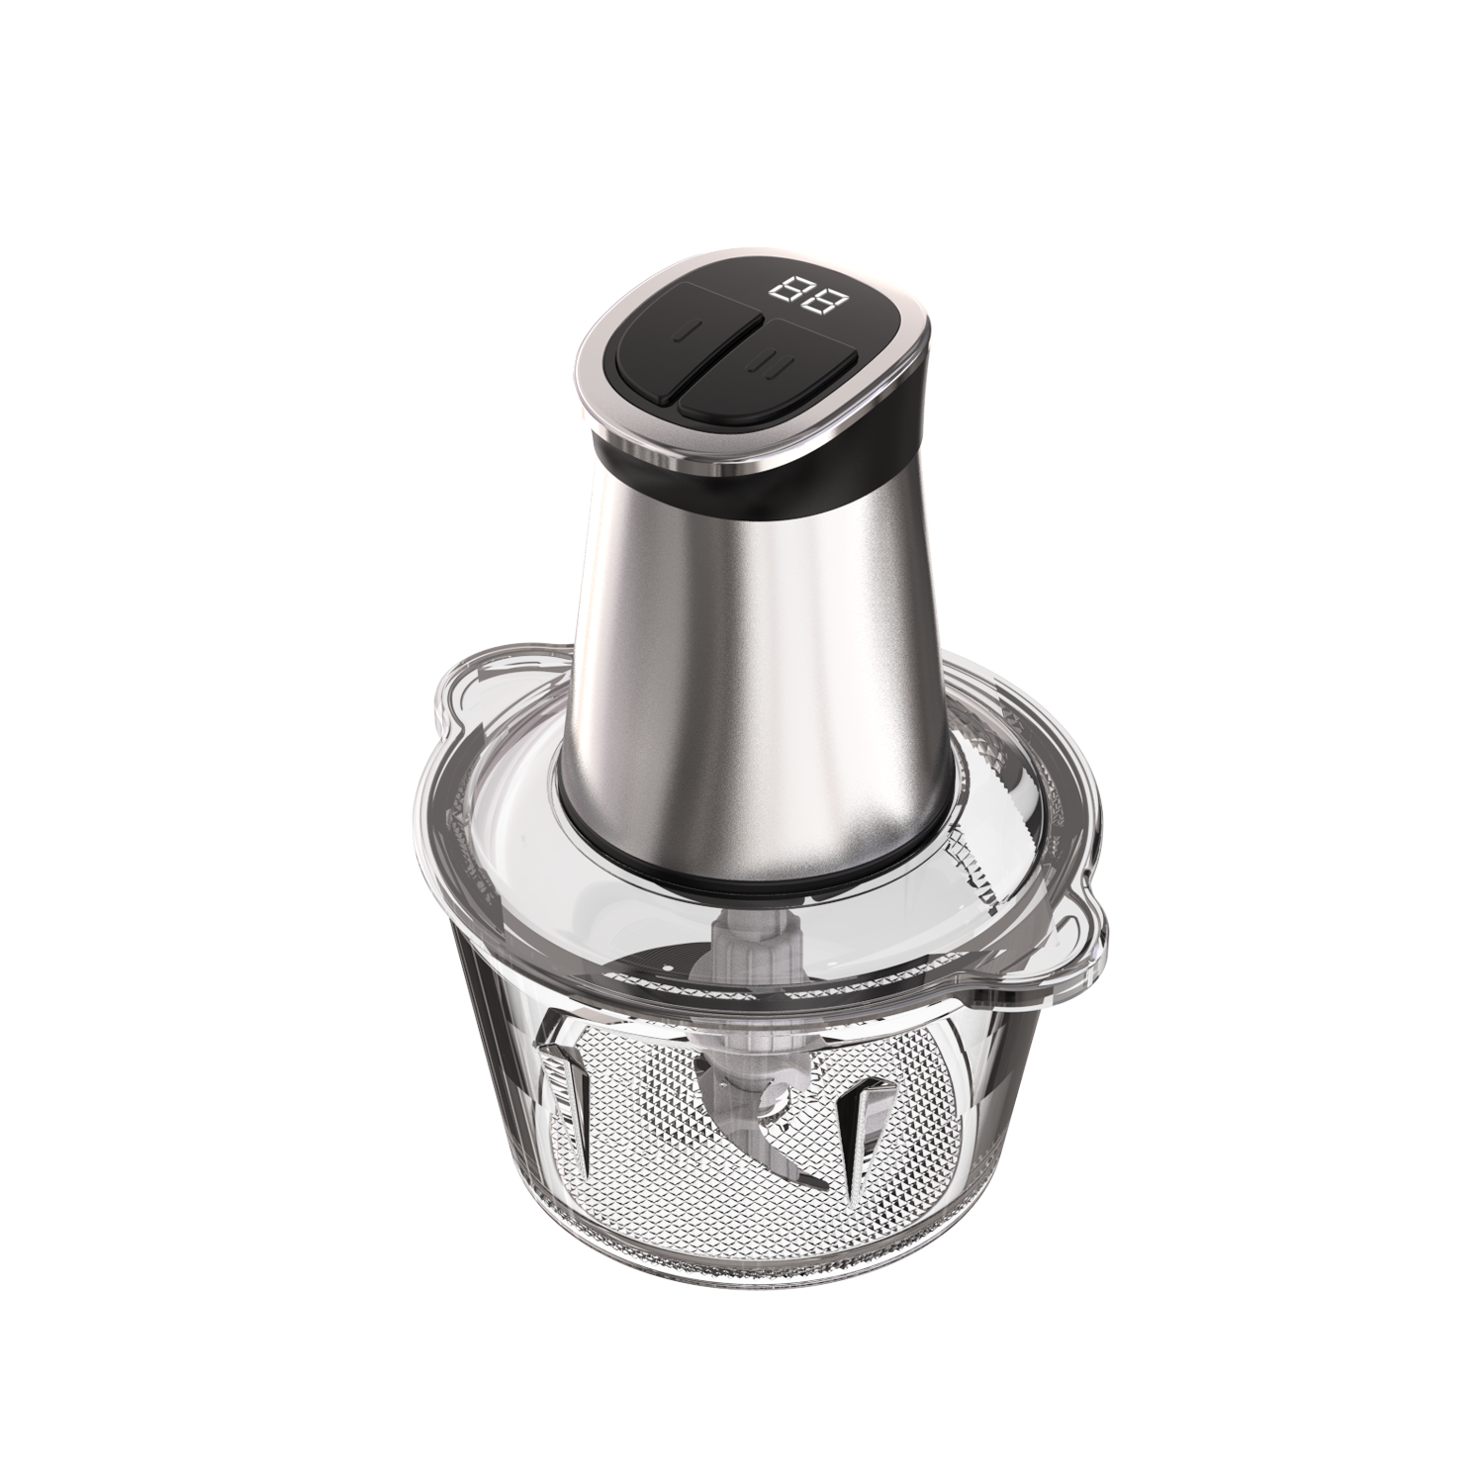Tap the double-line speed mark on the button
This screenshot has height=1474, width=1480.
(764, 365)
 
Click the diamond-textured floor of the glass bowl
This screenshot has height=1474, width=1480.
(693, 1187)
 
